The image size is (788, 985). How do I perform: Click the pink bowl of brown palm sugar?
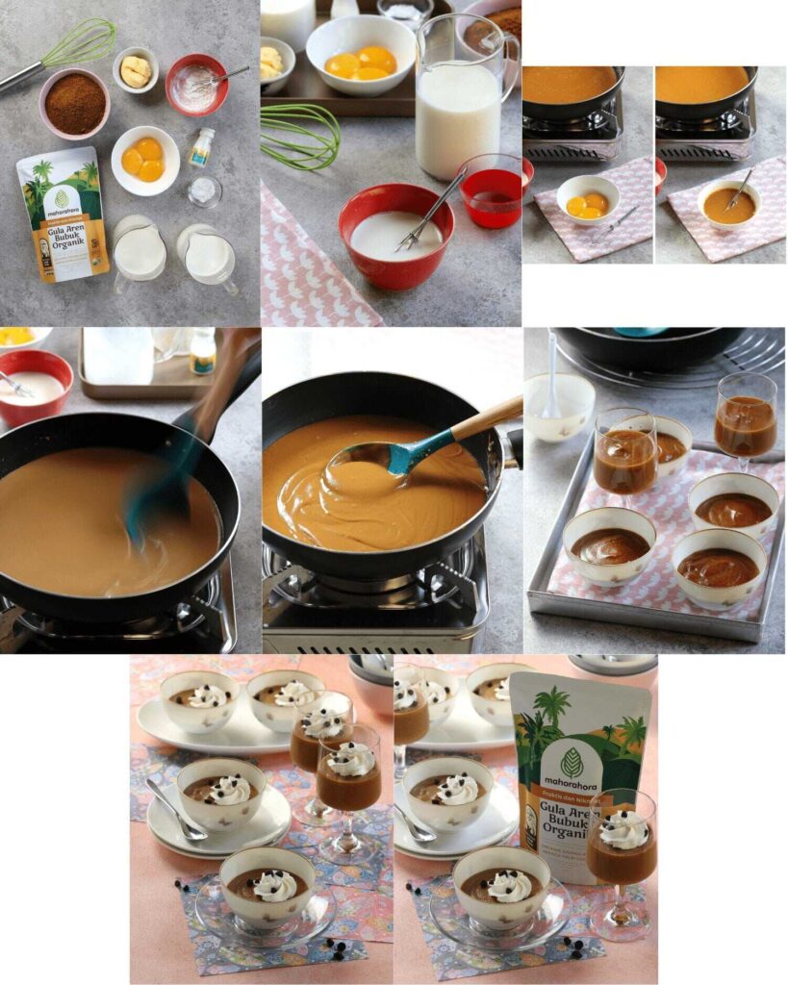pyautogui.click(x=74, y=103)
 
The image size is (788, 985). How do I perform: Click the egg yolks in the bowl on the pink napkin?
pyautogui.click(x=586, y=205)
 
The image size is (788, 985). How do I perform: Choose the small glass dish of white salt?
pyautogui.click(x=203, y=190)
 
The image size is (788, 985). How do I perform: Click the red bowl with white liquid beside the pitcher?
pyautogui.click(x=395, y=236)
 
